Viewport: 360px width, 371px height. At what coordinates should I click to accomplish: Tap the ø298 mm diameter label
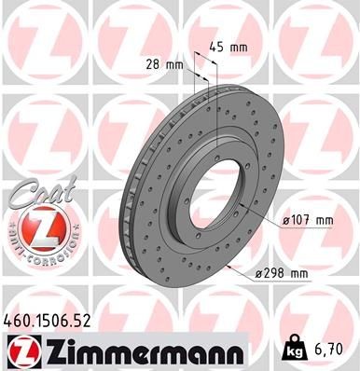[285, 274]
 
